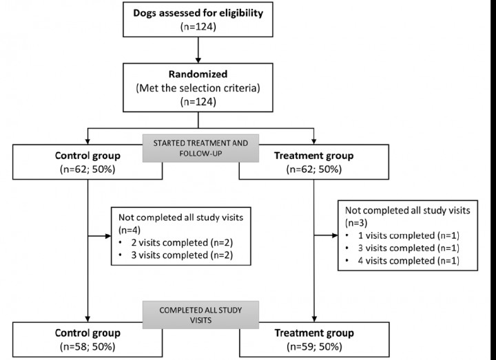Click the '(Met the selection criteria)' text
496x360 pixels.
pyautogui.click(x=198, y=88)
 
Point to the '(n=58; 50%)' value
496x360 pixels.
pyautogui.click(x=86, y=346)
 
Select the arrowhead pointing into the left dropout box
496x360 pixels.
pyautogui.click(x=108, y=236)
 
